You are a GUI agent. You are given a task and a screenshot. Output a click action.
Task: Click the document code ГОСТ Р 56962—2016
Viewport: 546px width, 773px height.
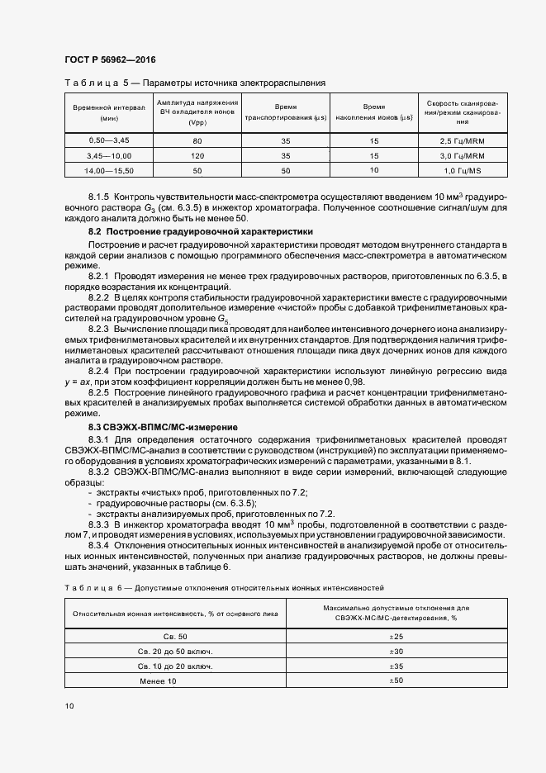point(109,60)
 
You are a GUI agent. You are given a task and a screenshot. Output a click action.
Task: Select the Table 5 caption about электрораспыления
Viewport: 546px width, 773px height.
point(195,83)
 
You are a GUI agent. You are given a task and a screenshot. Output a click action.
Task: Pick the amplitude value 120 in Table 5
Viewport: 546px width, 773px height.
point(197,155)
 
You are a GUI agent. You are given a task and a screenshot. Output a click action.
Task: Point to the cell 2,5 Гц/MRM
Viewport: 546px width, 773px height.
point(462,141)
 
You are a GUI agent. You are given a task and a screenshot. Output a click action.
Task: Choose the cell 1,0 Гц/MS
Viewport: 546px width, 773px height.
point(462,169)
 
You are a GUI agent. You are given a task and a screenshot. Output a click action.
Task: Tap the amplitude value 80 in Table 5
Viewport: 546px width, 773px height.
point(197,141)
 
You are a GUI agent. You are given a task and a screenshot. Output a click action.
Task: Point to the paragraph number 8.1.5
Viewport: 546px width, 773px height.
point(99,198)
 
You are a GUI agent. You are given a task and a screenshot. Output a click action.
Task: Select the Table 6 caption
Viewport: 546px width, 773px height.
point(224,588)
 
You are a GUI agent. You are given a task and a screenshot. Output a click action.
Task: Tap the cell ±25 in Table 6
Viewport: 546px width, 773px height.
point(396,636)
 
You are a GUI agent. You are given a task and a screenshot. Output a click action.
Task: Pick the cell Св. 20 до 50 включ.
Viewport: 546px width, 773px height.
point(175,651)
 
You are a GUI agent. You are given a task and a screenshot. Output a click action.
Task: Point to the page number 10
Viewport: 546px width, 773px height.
point(69,706)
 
